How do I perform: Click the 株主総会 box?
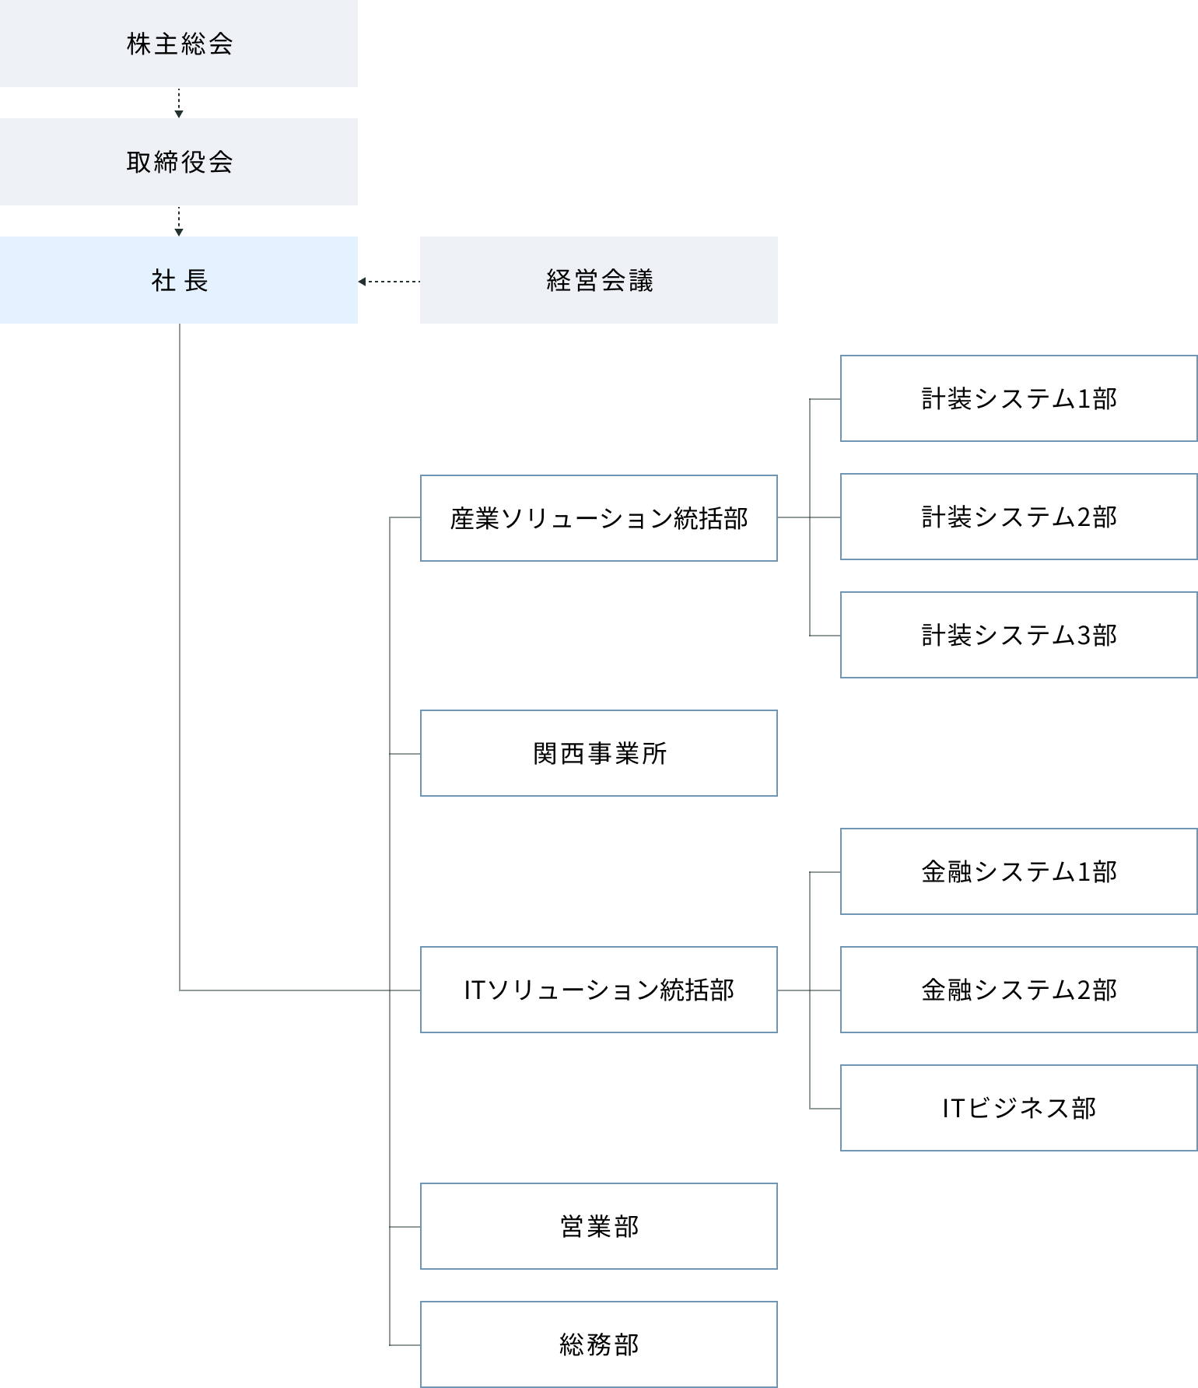coord(179,44)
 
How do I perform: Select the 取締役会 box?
coord(179,162)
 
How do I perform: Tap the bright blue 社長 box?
coord(179,280)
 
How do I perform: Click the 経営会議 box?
coord(598,280)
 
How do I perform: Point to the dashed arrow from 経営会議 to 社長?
coord(389,282)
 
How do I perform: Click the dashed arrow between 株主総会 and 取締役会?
coord(179,103)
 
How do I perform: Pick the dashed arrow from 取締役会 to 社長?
coord(179,221)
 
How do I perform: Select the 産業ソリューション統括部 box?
coord(598,518)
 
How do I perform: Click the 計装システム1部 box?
coord(1018,398)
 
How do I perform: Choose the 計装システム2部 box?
coord(1018,517)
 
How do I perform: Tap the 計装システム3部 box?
coord(1018,635)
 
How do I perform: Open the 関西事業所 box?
coord(598,753)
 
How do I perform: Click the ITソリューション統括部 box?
coord(598,990)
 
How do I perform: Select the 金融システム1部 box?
coord(1018,871)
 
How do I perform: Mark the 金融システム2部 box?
coord(1018,990)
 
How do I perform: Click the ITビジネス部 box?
coord(1018,1108)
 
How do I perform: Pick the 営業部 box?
coord(598,1226)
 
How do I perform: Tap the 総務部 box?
coord(598,1344)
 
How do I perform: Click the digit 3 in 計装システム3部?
coord(1084,636)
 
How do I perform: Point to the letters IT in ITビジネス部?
coord(954,1108)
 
